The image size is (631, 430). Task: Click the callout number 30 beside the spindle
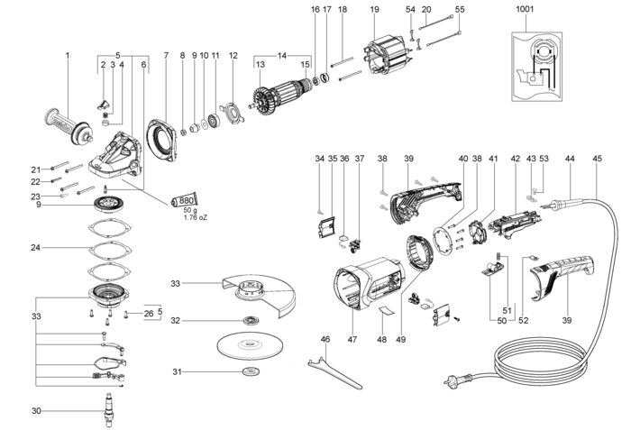pyautogui.click(x=36, y=411)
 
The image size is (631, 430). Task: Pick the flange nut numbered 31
pyautogui.click(x=247, y=373)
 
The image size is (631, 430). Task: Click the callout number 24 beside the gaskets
pyautogui.click(x=36, y=247)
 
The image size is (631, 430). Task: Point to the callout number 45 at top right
pyautogui.click(x=597, y=159)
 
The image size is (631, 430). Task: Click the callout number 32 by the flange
pyautogui.click(x=176, y=319)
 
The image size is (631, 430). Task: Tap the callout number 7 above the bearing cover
pyautogui.click(x=166, y=55)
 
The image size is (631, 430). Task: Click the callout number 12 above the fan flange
pyautogui.click(x=233, y=55)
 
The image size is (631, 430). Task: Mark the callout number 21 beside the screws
pyautogui.click(x=36, y=169)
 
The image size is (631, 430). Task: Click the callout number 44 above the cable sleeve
pyautogui.click(x=570, y=159)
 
